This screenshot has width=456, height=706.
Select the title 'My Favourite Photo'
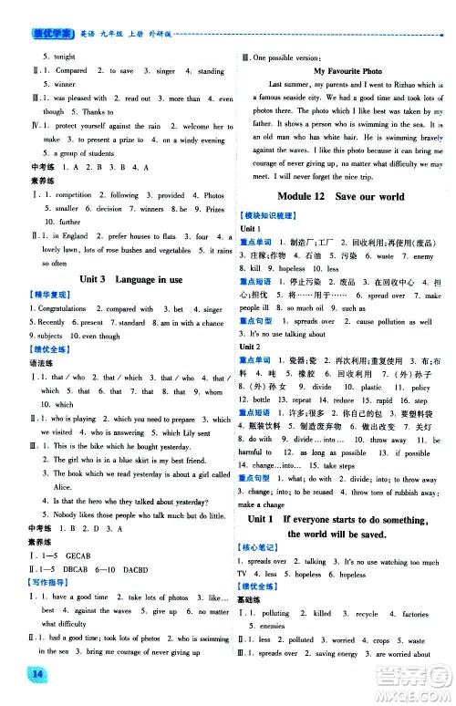click(346, 70)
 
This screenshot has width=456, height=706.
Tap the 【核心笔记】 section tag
click(260, 546)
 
